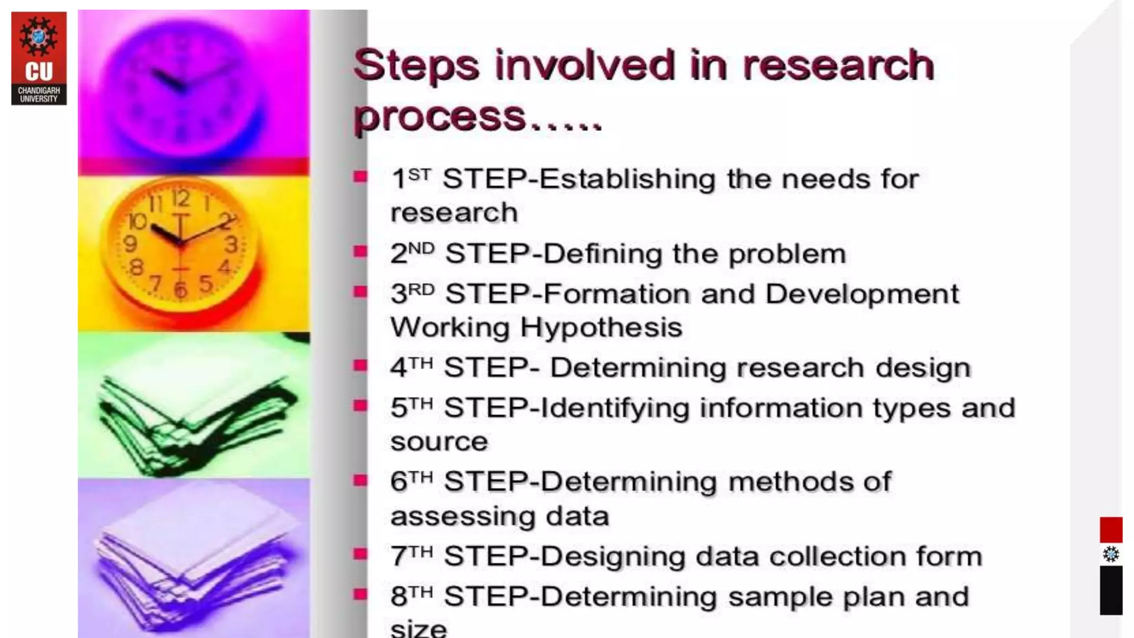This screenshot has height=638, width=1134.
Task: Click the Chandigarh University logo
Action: (39, 58)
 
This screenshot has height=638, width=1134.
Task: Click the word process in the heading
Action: (440, 117)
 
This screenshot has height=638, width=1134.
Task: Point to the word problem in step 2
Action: (787, 255)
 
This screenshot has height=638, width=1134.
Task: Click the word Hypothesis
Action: (601, 327)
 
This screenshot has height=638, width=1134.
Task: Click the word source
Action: (439, 442)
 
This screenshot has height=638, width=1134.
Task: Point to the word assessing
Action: (463, 517)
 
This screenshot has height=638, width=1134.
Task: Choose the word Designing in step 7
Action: (612, 557)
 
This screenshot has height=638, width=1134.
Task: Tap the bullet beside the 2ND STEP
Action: (360, 252)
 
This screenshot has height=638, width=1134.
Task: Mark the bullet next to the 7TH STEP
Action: (360, 554)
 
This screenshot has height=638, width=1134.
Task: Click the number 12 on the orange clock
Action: (181, 198)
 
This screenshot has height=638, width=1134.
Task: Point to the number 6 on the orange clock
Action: (181, 290)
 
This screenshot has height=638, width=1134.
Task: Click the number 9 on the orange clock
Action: (130, 243)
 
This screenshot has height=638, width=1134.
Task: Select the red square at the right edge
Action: (1111, 529)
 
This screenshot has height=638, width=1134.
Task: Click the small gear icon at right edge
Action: (1111, 554)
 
